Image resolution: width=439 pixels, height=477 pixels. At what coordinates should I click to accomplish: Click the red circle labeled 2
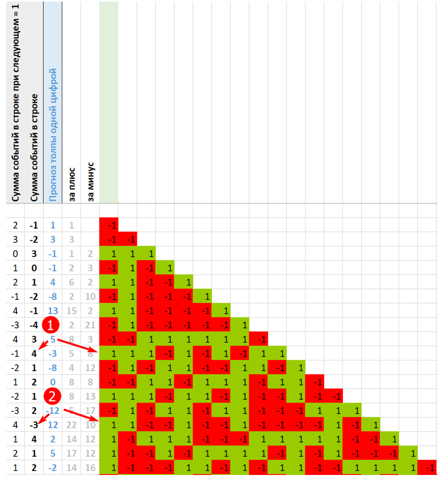pos(52,396)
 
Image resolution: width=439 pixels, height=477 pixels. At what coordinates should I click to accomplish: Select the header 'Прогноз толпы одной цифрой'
pos(53,134)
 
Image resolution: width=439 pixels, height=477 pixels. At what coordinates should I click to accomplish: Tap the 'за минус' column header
pos(90,181)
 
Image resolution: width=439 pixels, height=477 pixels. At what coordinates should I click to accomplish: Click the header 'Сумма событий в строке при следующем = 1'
pos(15,102)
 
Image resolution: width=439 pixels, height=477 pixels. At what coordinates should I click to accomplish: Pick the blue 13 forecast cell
pos(53,311)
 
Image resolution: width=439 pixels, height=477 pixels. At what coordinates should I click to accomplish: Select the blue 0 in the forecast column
pos(53,382)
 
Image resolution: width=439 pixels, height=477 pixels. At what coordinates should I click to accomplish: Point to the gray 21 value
pos(90,325)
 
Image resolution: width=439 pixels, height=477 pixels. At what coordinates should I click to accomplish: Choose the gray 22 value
pos(71,425)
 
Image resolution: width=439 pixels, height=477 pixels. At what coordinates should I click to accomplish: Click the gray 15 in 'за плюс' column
pos(71,311)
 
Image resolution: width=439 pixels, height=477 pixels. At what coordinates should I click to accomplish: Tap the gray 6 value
pos(71,282)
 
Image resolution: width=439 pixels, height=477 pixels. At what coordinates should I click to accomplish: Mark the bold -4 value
pos(34,325)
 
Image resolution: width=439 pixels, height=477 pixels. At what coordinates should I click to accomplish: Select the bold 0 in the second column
pos(34,268)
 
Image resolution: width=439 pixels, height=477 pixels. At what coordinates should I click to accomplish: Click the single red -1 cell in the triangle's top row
pos(109,225)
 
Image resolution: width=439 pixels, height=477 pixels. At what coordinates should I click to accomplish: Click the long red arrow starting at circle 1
pos(77,345)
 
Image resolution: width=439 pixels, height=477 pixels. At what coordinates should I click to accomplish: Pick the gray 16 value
pos(90,468)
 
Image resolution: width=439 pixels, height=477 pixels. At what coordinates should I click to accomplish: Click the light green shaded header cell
pos(109,102)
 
